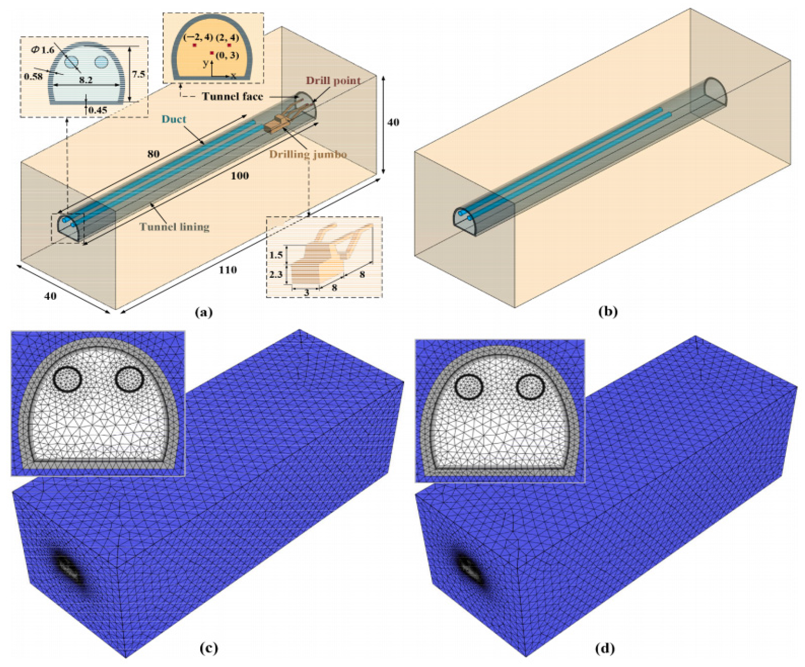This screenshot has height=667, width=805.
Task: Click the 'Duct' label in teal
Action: click(x=174, y=119)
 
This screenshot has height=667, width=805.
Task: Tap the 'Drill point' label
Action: click(x=333, y=81)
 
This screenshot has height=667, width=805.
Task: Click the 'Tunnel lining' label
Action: click(x=175, y=227)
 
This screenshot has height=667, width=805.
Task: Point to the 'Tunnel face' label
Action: click(x=233, y=96)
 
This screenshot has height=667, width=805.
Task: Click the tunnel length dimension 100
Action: click(x=239, y=176)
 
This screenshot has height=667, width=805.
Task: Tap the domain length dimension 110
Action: click(x=228, y=270)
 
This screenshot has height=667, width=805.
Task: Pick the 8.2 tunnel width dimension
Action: click(x=86, y=80)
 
